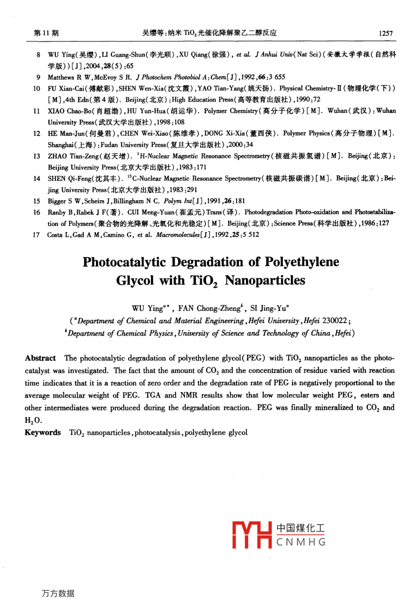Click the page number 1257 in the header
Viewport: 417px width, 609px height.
pyautogui.click(x=385, y=33)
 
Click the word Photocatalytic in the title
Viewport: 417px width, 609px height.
pyautogui.click(x=124, y=262)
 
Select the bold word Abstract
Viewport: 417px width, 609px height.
pyautogui.click(x=40, y=358)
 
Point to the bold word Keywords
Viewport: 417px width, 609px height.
pyautogui.click(x=42, y=432)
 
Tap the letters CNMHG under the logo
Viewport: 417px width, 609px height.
pyautogui.click(x=301, y=542)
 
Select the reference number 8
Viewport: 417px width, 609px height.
pyautogui.click(x=39, y=54)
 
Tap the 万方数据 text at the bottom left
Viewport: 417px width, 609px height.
pyautogui.click(x=58, y=593)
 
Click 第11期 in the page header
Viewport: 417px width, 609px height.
pyautogui.click(x=47, y=33)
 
